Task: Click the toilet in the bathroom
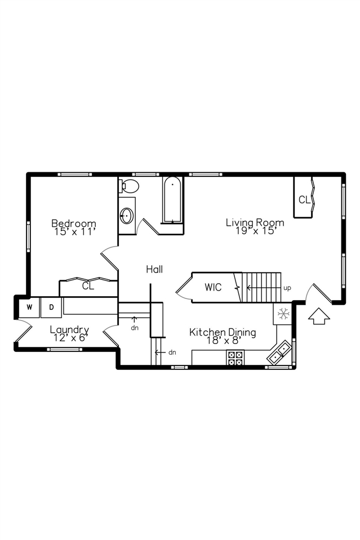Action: [129, 186]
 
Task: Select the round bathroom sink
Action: [127, 215]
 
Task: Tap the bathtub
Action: [172, 200]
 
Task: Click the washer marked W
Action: [29, 307]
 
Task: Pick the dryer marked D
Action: [51, 307]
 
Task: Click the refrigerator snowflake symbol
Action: [283, 314]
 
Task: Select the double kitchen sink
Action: [279, 353]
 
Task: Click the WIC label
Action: [213, 287]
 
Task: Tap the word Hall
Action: [154, 269]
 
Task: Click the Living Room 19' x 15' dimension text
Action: [255, 230]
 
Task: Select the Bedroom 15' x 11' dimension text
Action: [74, 231]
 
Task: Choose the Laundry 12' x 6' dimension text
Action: [69, 338]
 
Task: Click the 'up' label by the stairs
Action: [287, 288]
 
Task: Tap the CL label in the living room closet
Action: [304, 199]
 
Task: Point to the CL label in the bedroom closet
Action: [88, 286]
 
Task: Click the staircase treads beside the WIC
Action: [262, 287]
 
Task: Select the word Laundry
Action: [69, 329]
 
